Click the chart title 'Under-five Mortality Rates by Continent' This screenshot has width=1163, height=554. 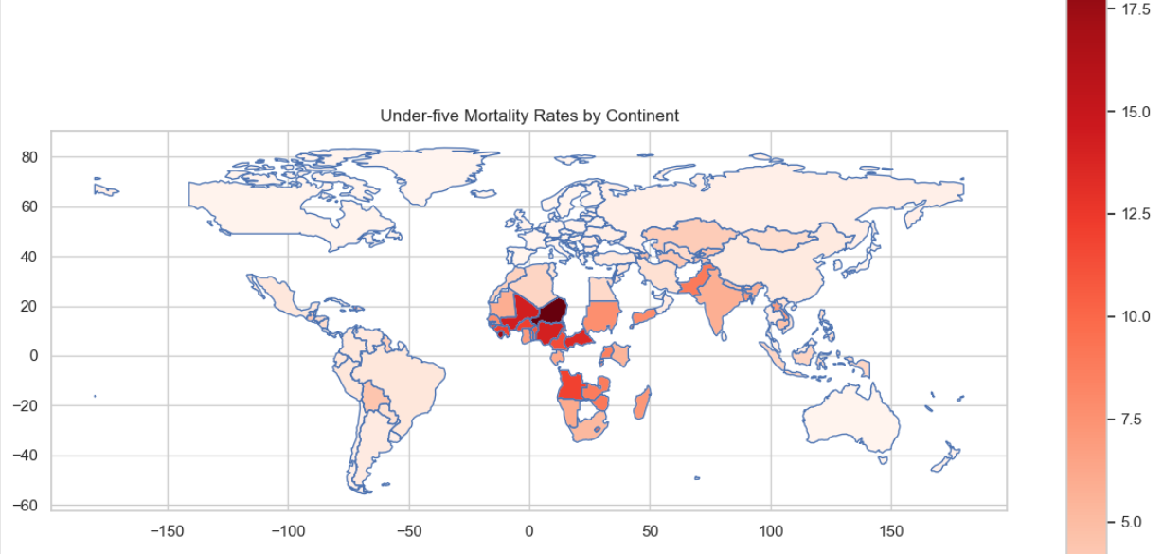(x=529, y=116)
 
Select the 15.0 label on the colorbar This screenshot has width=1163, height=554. (x=1136, y=112)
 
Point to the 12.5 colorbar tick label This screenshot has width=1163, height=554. (x=1136, y=214)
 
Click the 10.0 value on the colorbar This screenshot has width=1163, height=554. (x=1136, y=316)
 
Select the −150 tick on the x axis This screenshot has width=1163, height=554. (x=167, y=530)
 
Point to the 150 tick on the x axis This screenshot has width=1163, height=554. (x=892, y=530)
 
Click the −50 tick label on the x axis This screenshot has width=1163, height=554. (x=408, y=530)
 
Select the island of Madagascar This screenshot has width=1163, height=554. (x=642, y=402)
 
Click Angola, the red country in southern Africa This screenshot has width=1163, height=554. (x=571, y=385)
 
